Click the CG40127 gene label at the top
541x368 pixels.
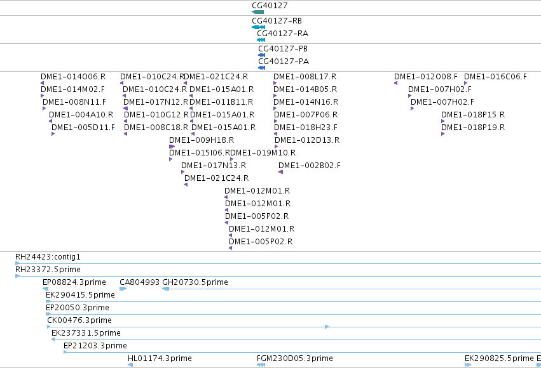point(270,6)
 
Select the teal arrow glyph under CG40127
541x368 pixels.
point(257,12)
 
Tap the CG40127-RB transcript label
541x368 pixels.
point(277,21)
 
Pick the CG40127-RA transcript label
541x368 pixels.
point(282,34)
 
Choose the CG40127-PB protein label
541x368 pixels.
point(283,49)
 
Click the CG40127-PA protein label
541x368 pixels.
point(284,62)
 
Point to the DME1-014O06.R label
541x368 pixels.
point(73,76)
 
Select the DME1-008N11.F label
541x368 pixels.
point(74,102)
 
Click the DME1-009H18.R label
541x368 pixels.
point(202,140)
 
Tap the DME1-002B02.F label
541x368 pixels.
point(310,166)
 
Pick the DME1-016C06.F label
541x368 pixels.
point(495,76)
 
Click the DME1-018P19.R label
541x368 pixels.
point(473,128)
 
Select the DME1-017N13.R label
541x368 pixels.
point(214,166)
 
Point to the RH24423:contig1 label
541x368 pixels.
point(48,257)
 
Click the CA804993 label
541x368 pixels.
point(140,282)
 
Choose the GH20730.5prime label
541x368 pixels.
point(195,282)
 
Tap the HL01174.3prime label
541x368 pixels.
point(160,358)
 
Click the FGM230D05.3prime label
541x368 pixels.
point(294,358)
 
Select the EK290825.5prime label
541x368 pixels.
point(499,358)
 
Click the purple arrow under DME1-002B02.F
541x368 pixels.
point(280,172)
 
